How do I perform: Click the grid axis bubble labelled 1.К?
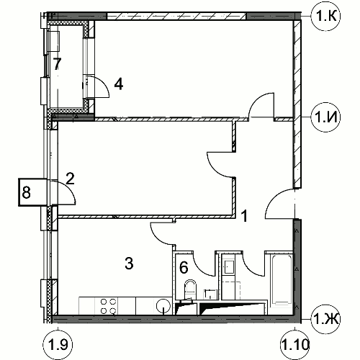(325, 16)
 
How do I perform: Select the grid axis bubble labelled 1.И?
(325, 117)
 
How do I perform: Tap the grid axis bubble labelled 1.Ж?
(325, 320)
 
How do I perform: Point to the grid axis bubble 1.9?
(58, 345)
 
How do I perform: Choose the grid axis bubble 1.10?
(294, 345)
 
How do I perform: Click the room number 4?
(119, 84)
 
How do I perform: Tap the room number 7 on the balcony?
(57, 64)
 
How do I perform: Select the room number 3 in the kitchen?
(129, 264)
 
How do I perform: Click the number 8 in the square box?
(27, 192)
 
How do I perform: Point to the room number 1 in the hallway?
(244, 216)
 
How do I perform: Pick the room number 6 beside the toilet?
(184, 268)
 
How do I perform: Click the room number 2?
(70, 179)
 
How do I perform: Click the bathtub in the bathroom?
(282, 283)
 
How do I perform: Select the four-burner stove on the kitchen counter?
(108, 306)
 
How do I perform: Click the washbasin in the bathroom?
(228, 267)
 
